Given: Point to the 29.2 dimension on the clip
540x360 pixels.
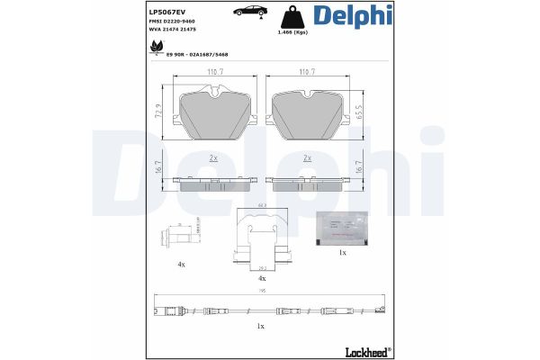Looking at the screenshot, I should tap(261, 267).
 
